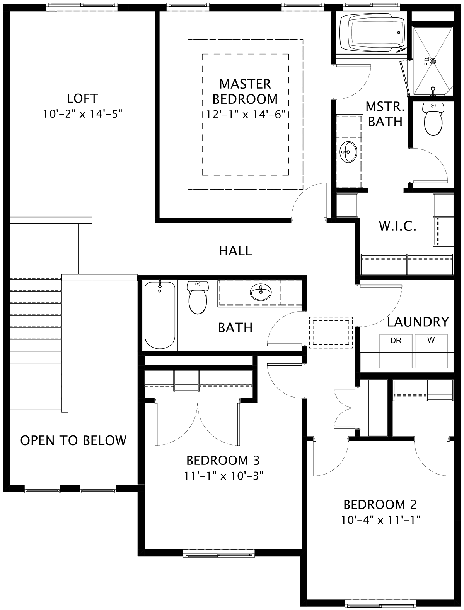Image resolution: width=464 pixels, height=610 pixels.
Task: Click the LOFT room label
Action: tap(82, 98)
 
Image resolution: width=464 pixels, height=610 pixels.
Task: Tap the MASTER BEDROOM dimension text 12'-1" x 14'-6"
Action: tap(246, 114)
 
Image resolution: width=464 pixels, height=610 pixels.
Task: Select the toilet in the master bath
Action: tap(433, 119)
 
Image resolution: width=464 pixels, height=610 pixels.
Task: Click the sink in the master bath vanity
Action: tap(348, 152)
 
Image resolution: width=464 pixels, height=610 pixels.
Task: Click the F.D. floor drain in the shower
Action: tap(433, 61)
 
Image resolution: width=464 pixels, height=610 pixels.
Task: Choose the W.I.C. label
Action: tap(397, 226)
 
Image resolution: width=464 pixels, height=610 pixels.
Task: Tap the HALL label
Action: tap(235, 251)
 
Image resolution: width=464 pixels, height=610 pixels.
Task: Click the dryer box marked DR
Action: tap(396, 351)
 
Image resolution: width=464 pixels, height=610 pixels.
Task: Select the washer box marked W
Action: tap(431, 351)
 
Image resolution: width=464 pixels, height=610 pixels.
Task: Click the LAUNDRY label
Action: tap(418, 322)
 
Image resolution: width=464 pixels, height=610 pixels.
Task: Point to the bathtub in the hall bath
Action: tap(160, 315)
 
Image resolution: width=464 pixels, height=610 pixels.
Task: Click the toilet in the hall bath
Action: tap(198, 297)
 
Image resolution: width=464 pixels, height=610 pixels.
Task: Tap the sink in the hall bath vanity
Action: tap(261, 292)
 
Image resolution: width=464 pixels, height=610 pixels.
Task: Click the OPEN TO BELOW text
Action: tap(73, 440)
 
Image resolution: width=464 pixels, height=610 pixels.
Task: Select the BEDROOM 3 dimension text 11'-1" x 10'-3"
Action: tap(223, 476)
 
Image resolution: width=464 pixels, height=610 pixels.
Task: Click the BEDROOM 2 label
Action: tap(380, 504)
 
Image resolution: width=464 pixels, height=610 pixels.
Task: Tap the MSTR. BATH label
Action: tap(385, 114)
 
